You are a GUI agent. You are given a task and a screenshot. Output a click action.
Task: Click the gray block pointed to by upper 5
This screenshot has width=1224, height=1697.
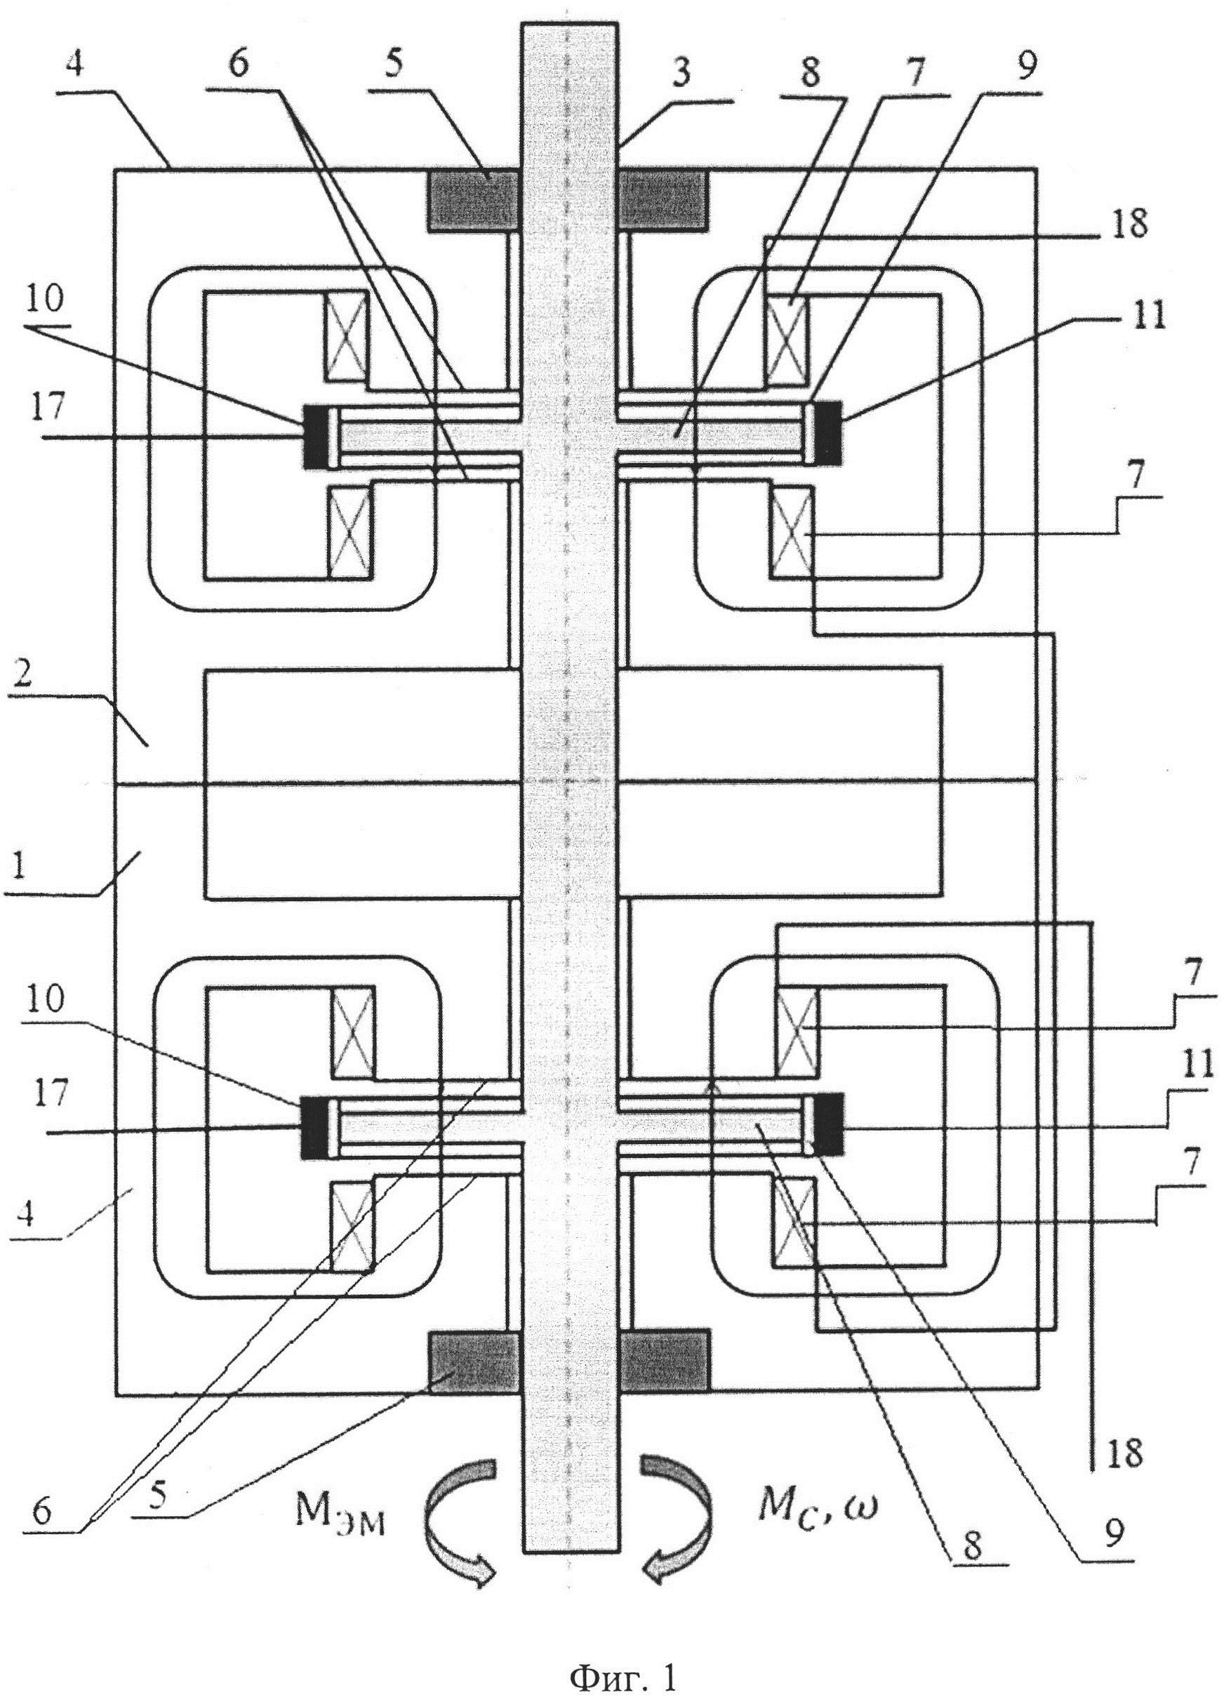click(x=473, y=200)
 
